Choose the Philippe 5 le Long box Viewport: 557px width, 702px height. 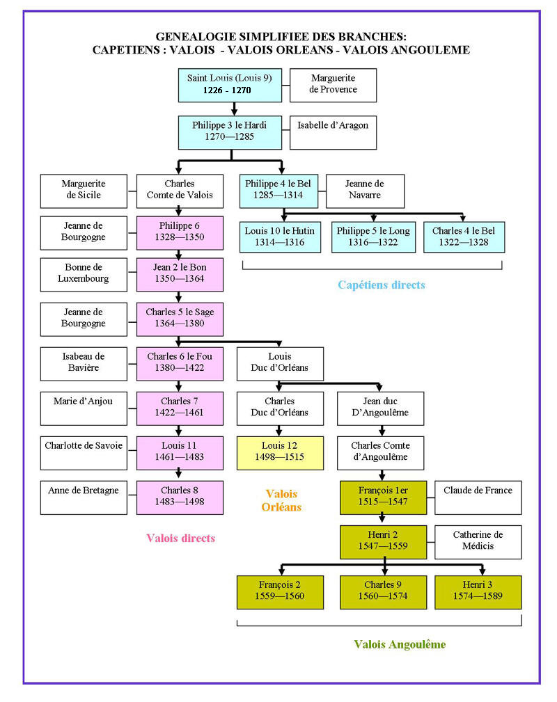click(374, 237)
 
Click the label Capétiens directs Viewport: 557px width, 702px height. click(381, 285)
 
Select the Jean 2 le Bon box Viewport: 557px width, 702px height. click(180, 274)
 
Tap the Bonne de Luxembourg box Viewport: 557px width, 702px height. click(84, 274)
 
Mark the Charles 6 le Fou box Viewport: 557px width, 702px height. click(180, 362)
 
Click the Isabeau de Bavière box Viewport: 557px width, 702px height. click(84, 362)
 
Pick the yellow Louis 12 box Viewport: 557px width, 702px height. click(280, 452)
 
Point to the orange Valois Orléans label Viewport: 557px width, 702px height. click(281, 500)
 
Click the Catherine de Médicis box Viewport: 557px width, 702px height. click(478, 541)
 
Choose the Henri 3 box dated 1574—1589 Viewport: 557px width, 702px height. click(478, 591)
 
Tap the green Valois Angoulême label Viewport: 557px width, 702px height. click(400, 644)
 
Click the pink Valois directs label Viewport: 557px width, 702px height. click(180, 538)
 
